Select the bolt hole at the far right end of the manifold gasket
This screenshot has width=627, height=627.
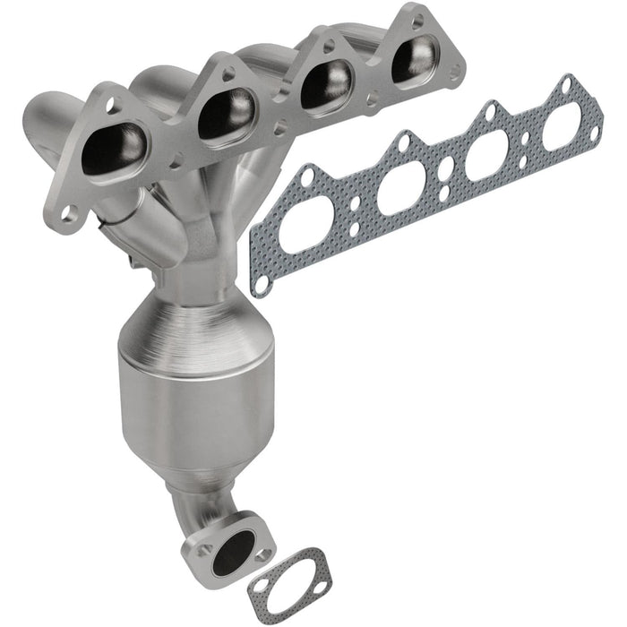(x=592, y=133)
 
